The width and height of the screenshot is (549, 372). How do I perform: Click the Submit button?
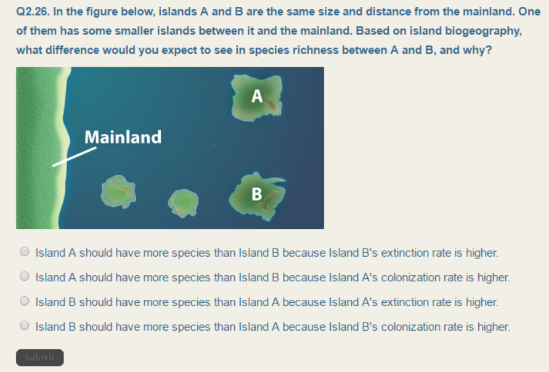click(39, 358)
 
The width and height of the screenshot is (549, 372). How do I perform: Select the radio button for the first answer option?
click(25, 252)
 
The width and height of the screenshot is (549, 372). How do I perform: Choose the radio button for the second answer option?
click(25, 277)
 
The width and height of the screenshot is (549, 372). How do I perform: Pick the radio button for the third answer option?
click(25, 302)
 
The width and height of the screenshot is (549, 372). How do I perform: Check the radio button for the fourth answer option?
click(25, 326)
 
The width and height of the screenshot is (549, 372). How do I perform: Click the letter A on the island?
click(258, 96)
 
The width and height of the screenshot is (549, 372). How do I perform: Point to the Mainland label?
click(123, 137)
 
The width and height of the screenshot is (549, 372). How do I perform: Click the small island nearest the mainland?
click(118, 191)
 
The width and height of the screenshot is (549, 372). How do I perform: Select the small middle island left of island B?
click(184, 201)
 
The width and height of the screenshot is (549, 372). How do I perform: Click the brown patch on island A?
click(271, 105)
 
